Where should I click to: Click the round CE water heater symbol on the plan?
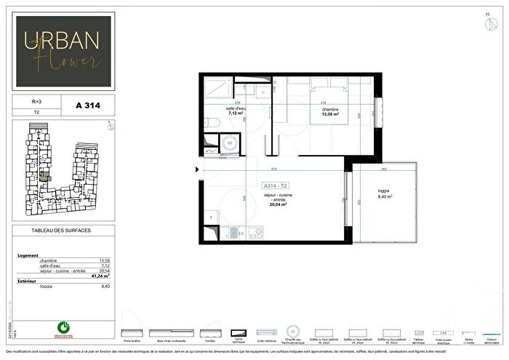pyautogui.click(x=230, y=143)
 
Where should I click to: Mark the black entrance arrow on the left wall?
pyautogui.click(x=196, y=171)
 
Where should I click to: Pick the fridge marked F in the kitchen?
pyautogui.click(x=210, y=217)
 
